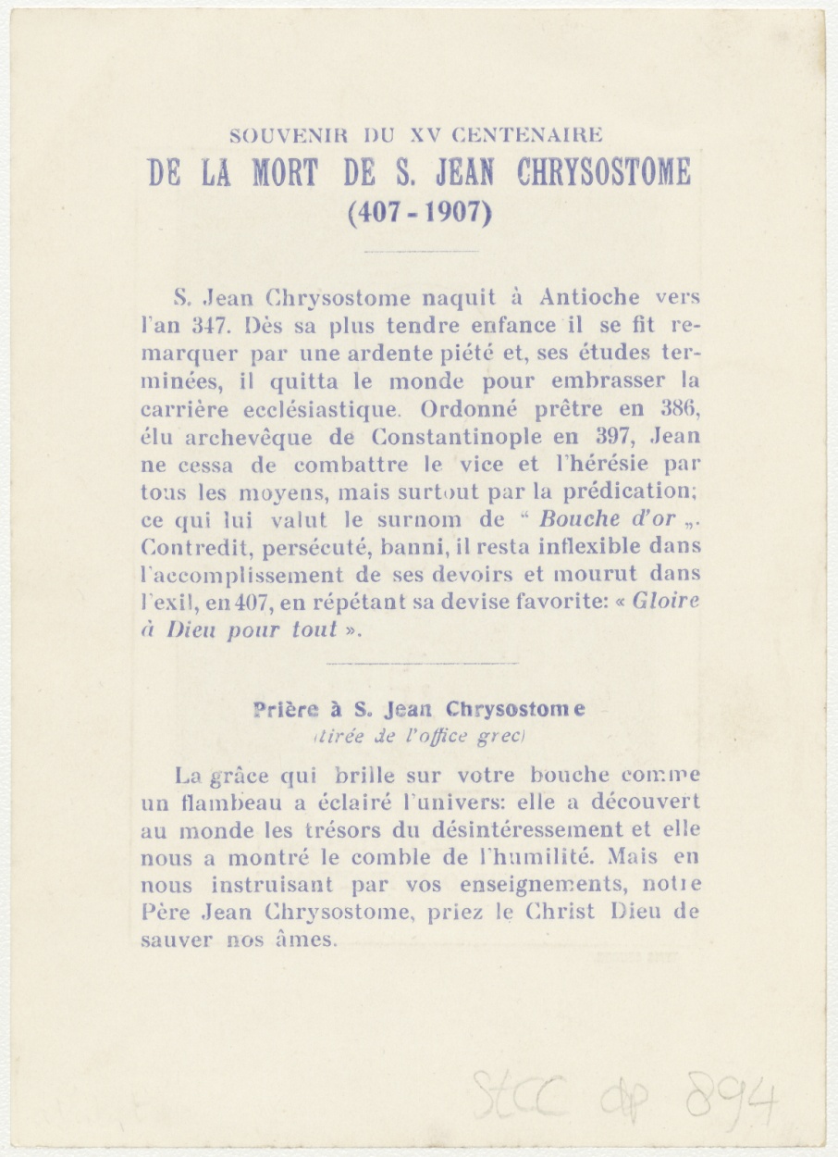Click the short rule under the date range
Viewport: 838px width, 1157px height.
point(421,250)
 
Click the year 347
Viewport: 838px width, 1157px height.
point(200,326)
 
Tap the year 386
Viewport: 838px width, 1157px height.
point(679,408)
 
